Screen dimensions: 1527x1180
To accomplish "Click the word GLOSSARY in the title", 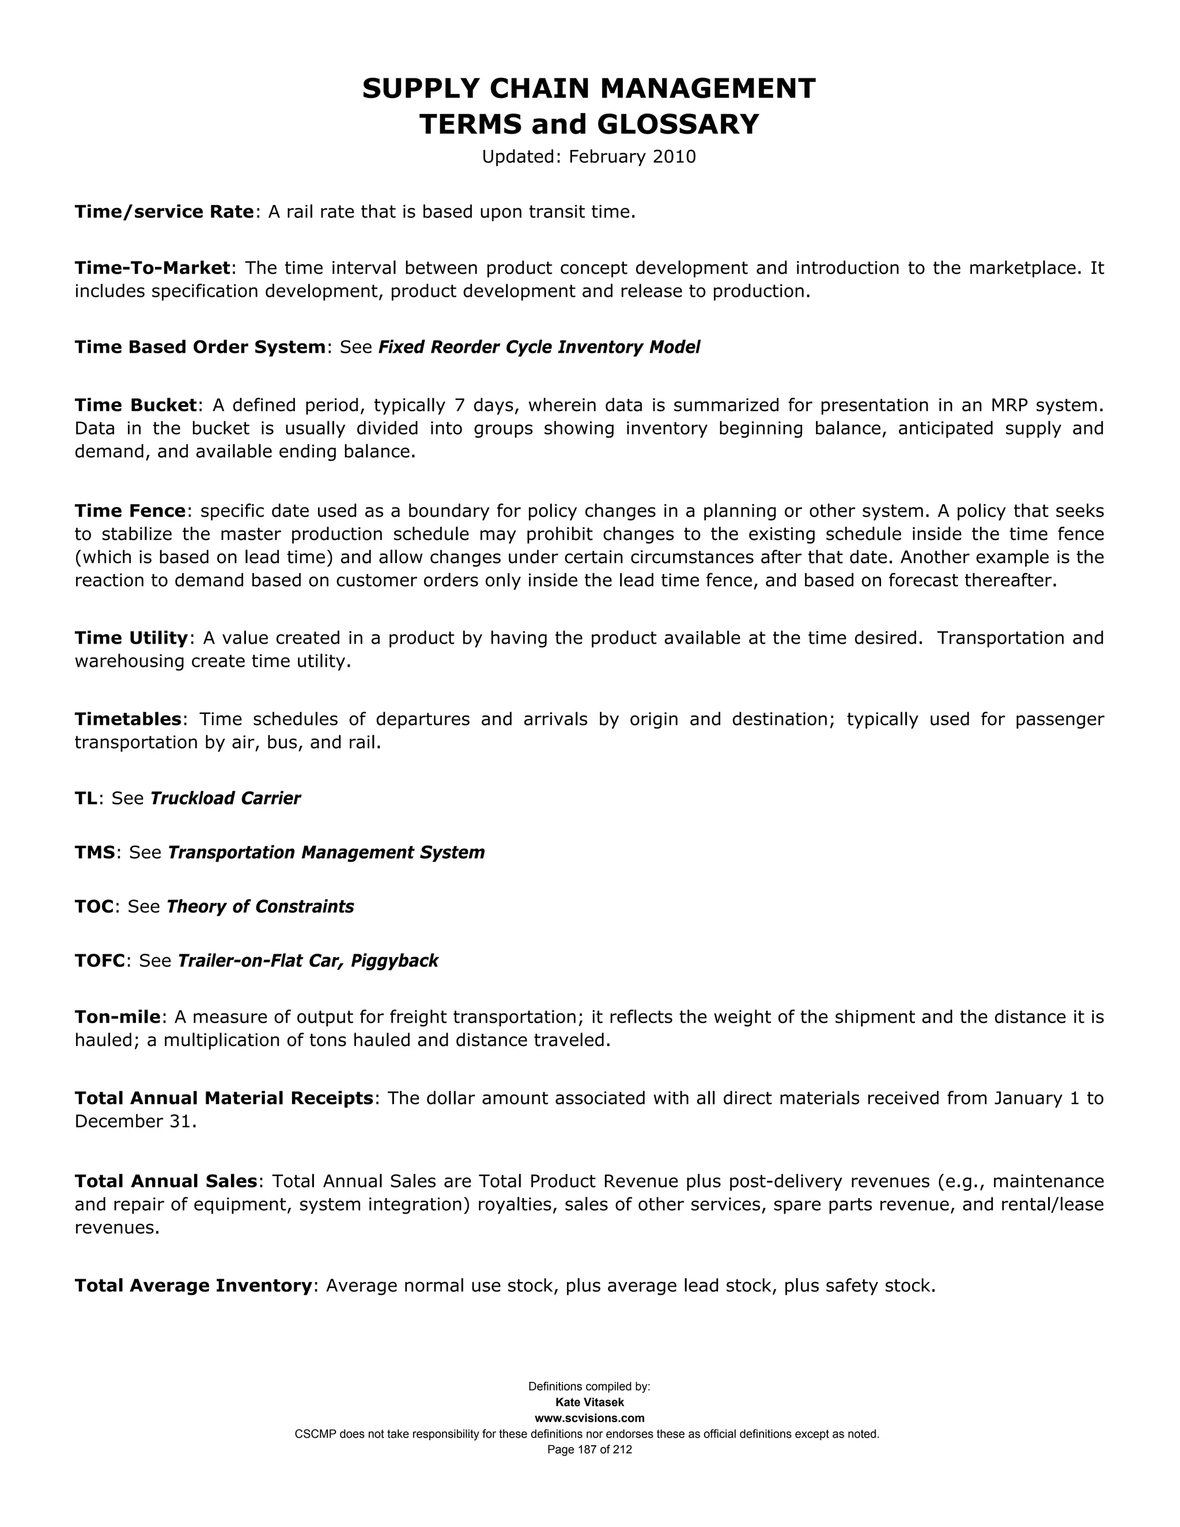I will click(x=678, y=124).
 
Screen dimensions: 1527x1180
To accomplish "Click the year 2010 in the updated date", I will click(x=674, y=157).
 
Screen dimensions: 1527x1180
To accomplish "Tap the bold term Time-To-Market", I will click(x=152, y=269).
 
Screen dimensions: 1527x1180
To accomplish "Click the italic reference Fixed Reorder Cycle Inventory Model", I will click(x=538, y=347).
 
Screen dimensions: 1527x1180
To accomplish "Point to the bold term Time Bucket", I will click(x=135, y=406).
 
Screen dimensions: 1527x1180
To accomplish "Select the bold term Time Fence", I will click(x=130, y=511).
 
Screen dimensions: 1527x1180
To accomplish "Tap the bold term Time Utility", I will click(x=131, y=638).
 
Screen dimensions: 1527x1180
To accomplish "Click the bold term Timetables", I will click(x=128, y=720).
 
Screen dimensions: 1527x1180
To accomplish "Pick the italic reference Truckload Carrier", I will click(x=225, y=799).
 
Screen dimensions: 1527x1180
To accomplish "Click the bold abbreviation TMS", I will click(x=94, y=852).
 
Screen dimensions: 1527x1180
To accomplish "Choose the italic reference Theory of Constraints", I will click(x=260, y=907).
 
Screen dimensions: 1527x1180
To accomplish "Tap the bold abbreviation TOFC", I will click(x=99, y=961).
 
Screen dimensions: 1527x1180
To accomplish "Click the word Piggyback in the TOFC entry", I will click(x=394, y=961).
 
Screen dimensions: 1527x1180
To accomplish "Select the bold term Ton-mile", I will click(x=118, y=1017).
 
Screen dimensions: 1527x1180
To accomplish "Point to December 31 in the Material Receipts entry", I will click(x=133, y=1121).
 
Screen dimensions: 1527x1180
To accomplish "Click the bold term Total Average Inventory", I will click(x=193, y=1286).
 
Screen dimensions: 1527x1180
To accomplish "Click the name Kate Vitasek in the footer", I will click(x=589, y=1402).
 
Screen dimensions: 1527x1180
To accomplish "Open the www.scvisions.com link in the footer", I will click(x=589, y=1418).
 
